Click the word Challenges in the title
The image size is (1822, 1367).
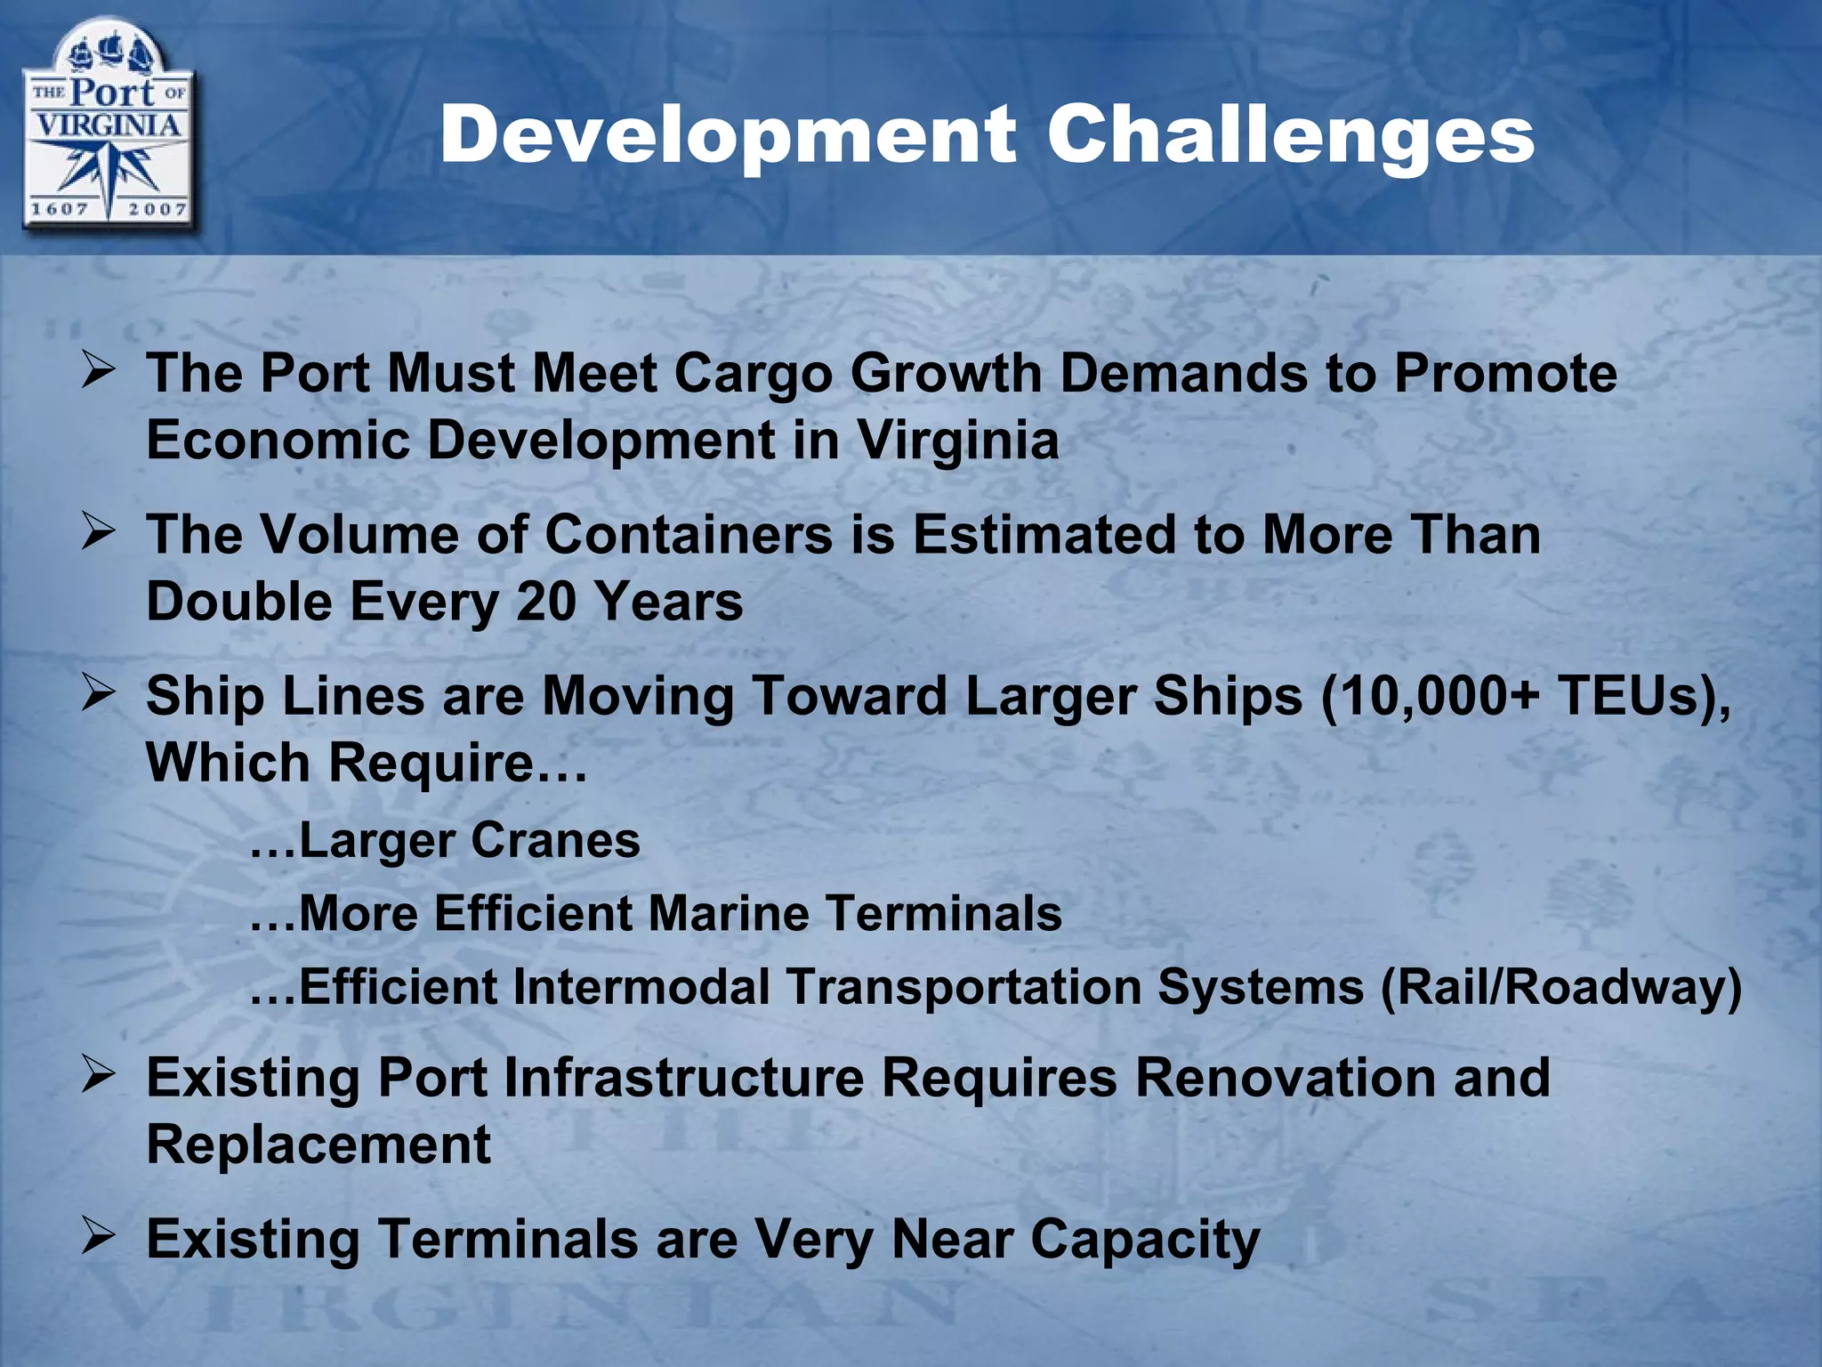point(1290,135)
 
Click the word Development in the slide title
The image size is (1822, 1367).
point(727,135)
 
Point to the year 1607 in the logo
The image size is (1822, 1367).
point(60,209)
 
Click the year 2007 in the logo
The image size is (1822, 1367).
point(157,209)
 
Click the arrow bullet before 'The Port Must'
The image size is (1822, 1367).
point(97,368)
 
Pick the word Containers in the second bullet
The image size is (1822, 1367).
point(689,535)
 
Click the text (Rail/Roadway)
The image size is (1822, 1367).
point(1560,987)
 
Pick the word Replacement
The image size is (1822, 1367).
point(318,1145)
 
